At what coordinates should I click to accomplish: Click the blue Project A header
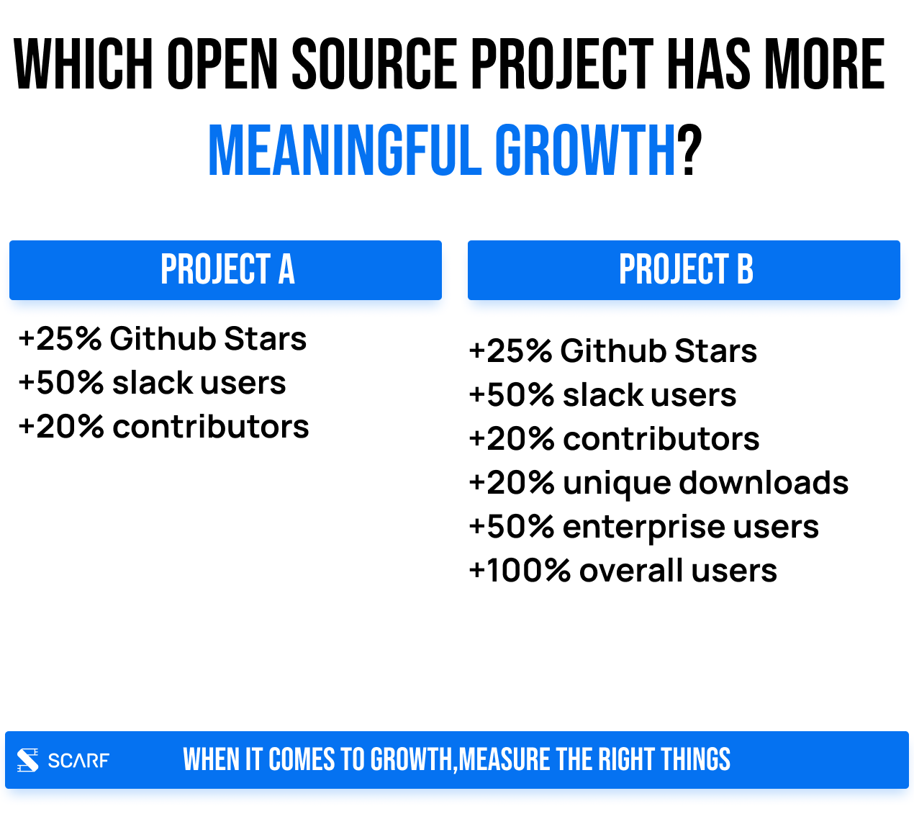(225, 270)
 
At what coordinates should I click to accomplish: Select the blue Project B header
(684, 270)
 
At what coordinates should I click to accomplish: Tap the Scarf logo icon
(28, 760)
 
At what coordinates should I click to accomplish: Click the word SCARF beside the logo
(78, 760)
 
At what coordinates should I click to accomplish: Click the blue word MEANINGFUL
(345, 150)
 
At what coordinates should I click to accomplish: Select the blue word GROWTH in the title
(584, 150)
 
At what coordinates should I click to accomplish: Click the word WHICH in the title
(83, 63)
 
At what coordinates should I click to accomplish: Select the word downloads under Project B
(764, 482)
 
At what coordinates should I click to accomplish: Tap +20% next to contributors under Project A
(61, 427)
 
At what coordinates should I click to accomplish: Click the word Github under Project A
(163, 338)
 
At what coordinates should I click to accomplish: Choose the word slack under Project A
(153, 383)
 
